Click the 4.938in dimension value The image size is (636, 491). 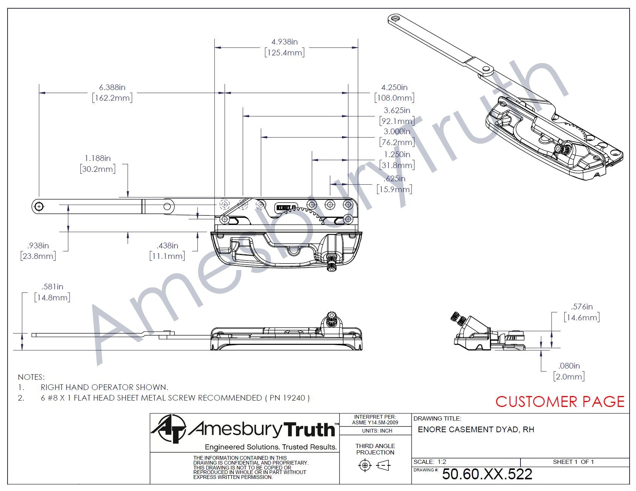point(285,42)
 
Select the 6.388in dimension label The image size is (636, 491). point(112,87)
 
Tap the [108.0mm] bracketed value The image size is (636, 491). point(394,98)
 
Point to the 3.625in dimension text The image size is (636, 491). point(397,110)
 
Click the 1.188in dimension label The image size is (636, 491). point(97,158)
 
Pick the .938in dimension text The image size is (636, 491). point(38,246)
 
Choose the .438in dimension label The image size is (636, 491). point(167,246)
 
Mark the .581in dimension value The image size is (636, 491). point(52,287)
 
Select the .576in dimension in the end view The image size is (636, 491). point(582,307)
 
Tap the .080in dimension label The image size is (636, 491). point(569,366)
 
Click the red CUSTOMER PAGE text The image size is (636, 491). point(560,402)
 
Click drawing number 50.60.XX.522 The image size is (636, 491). point(487,474)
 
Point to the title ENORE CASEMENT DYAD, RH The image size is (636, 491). point(476,430)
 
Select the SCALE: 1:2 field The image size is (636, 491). point(430,462)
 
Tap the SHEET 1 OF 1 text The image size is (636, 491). point(573,462)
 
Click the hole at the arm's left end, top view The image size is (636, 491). point(39,206)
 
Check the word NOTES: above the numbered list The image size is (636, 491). point(31,377)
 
